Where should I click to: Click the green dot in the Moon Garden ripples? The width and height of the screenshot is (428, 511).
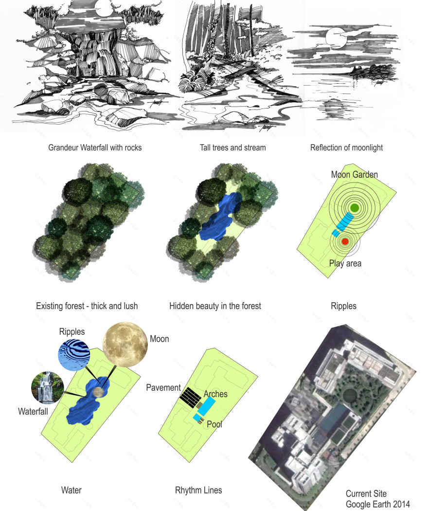(355, 208)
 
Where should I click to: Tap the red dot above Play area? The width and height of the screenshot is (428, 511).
(345, 241)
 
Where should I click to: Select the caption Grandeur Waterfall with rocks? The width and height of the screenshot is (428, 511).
(95, 147)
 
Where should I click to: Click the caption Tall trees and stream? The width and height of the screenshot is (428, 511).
(232, 147)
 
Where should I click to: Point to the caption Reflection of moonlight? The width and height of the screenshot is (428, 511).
(346, 148)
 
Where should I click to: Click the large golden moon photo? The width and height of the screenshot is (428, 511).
(125, 345)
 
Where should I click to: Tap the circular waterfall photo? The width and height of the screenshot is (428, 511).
(48, 387)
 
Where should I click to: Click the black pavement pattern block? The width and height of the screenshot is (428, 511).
(191, 396)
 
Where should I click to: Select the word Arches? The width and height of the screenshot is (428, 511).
(215, 394)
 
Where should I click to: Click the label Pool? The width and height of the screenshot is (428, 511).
(214, 424)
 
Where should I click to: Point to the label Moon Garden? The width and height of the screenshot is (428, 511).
(355, 174)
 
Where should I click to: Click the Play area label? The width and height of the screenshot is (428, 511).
(345, 263)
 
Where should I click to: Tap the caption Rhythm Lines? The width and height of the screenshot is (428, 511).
(198, 490)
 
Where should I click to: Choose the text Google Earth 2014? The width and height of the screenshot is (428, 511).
(377, 504)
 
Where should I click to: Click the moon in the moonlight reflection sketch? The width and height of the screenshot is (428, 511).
(336, 38)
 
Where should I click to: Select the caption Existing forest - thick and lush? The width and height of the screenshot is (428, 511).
(87, 306)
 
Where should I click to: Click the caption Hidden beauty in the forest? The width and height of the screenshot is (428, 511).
(215, 306)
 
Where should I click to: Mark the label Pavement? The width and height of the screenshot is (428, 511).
(163, 387)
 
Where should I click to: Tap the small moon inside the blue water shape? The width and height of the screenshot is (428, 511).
(98, 392)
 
